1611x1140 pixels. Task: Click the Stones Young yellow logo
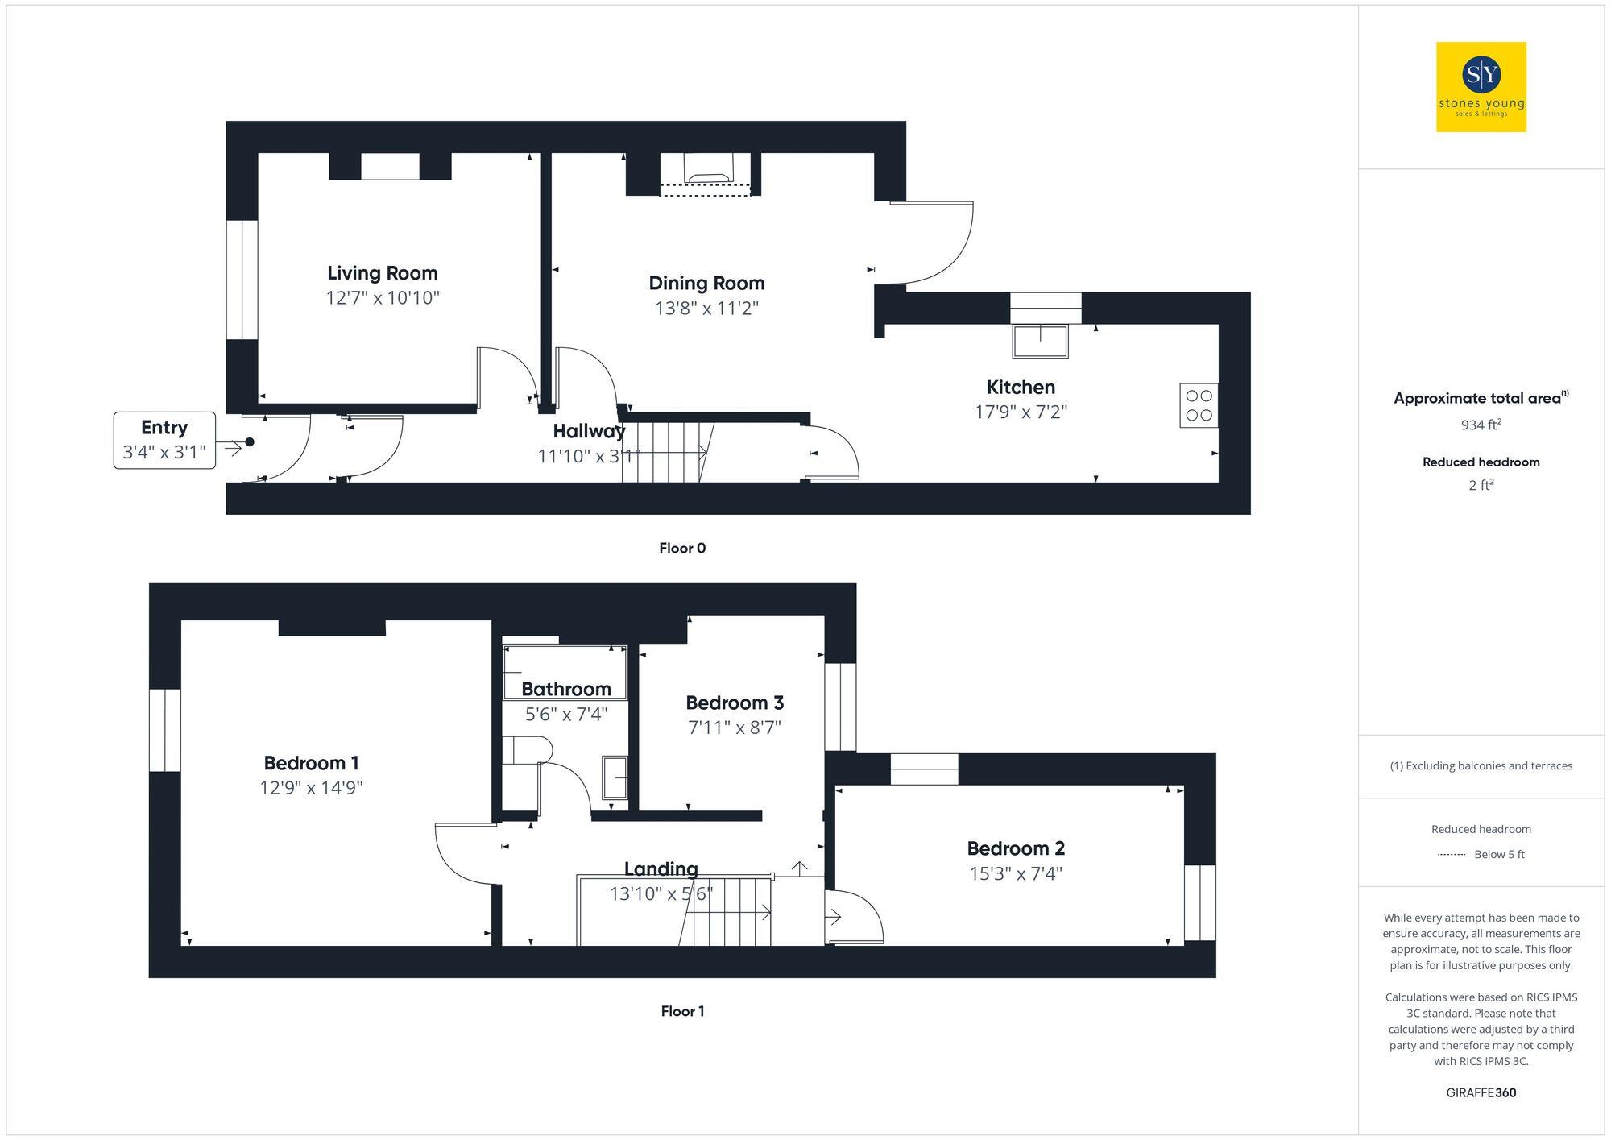(x=1481, y=87)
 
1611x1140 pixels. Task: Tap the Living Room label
(x=382, y=273)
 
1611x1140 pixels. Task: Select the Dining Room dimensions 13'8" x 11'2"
(x=706, y=308)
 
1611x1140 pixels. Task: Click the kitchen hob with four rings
(x=1199, y=405)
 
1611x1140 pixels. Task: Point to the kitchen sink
(x=1040, y=341)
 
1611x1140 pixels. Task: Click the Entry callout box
(x=164, y=440)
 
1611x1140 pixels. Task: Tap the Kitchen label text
(x=1021, y=387)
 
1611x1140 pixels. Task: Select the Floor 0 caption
(x=681, y=549)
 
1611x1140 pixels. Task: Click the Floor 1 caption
(x=682, y=1011)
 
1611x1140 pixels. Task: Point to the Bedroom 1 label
(x=311, y=763)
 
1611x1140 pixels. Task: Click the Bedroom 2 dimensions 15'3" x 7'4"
(x=1016, y=873)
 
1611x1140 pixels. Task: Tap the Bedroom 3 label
(x=734, y=703)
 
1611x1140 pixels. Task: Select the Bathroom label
(x=565, y=689)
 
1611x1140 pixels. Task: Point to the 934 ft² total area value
(x=1481, y=425)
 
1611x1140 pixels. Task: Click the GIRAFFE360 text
(x=1481, y=1093)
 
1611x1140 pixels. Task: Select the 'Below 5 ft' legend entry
(x=1498, y=854)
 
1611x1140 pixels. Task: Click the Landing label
(x=661, y=868)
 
